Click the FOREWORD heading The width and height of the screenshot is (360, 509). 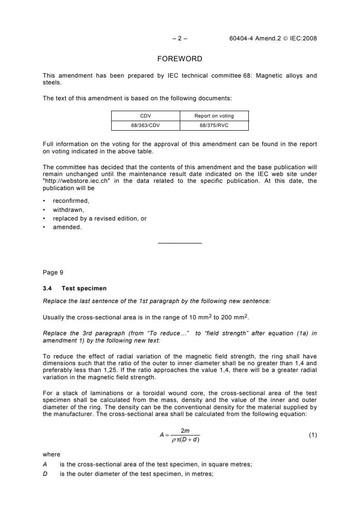pyautogui.click(x=179, y=59)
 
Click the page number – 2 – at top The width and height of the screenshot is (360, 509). pyautogui.click(x=180, y=39)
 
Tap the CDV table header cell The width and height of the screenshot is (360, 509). pyautogui.click(x=146, y=116)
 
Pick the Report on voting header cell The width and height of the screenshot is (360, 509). pyautogui.click(x=214, y=116)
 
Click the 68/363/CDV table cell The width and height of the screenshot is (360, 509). pyautogui.click(x=146, y=125)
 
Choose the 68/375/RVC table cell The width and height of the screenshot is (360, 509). pyautogui.click(x=214, y=125)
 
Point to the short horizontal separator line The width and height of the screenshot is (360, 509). pyautogui.click(x=180, y=244)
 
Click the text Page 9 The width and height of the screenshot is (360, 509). pyautogui.click(x=53, y=273)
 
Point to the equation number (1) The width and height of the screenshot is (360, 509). pyautogui.click(x=313, y=435)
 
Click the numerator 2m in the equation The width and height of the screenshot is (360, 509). pyautogui.click(x=185, y=431)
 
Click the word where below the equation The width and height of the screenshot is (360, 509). pyautogui.click(x=51, y=454)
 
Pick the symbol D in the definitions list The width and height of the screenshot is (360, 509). pyautogui.click(x=44, y=472)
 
